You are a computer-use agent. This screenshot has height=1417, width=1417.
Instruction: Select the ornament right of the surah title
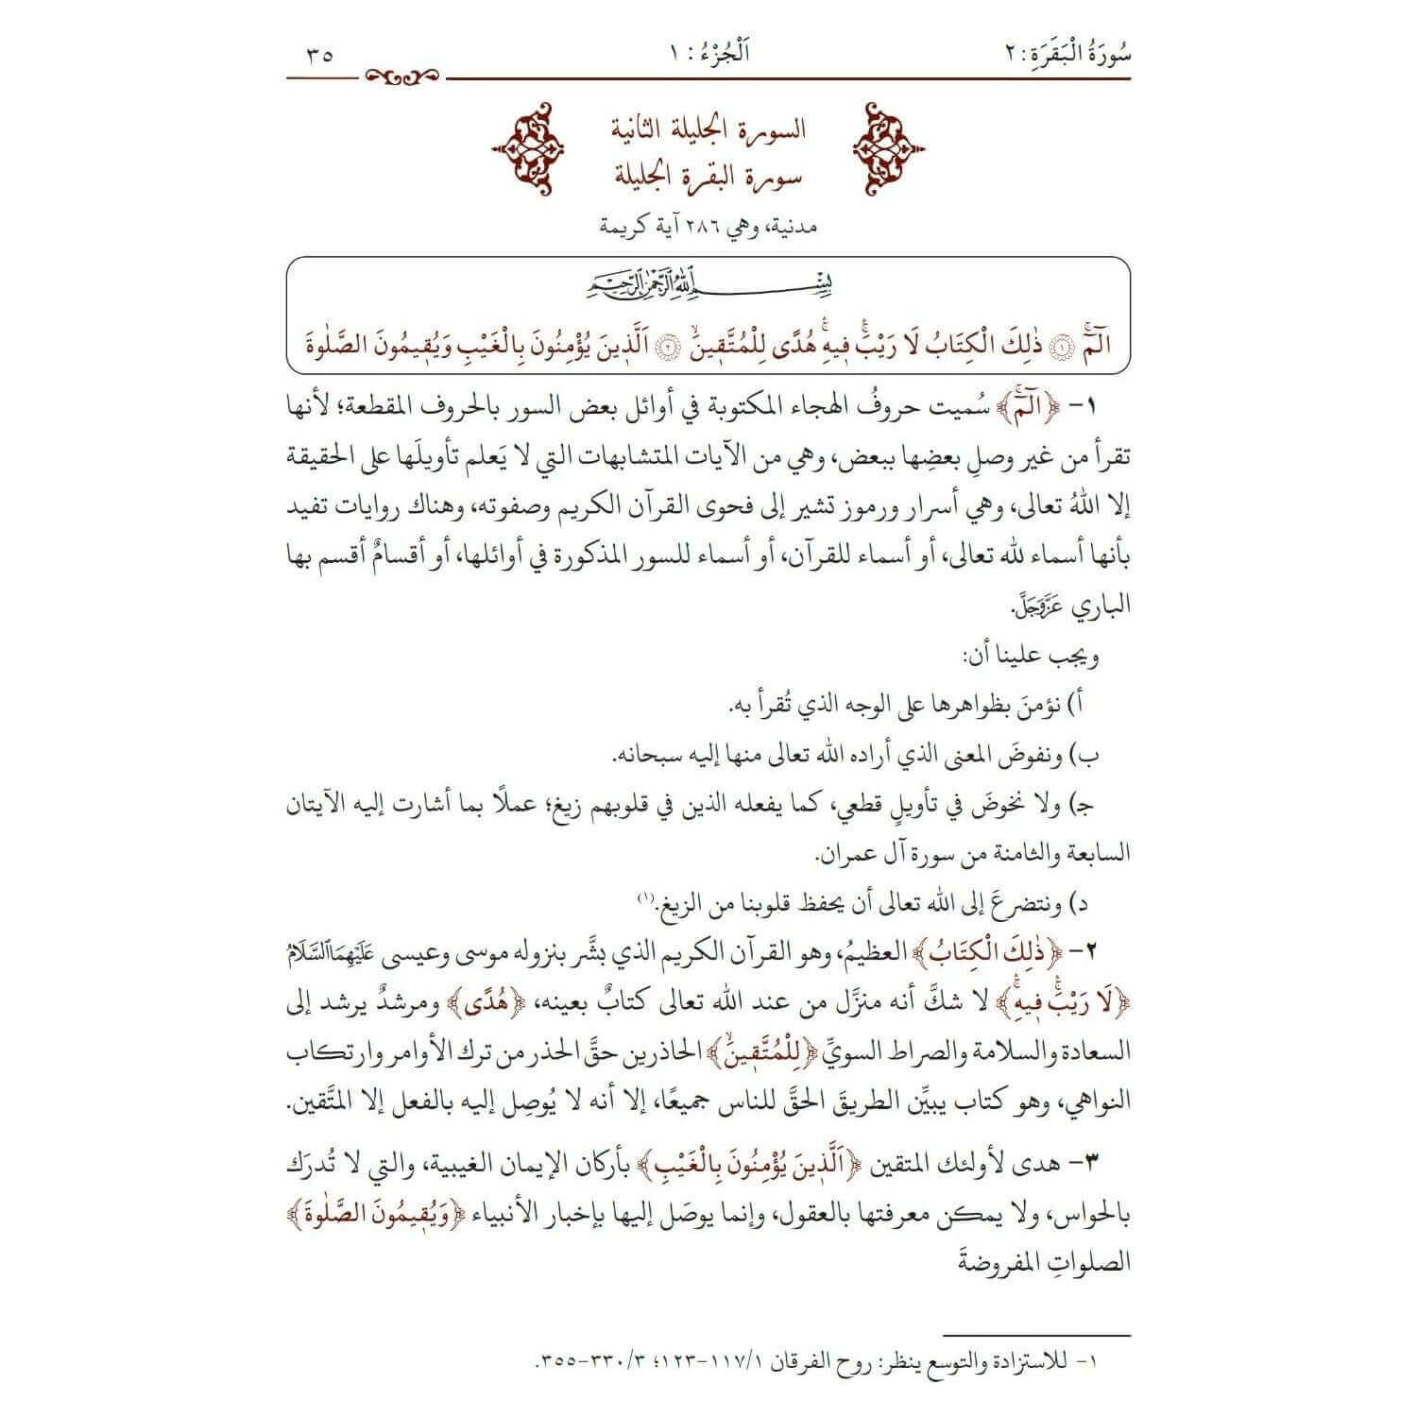[887, 151]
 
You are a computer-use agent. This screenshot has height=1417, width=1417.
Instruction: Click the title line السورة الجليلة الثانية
[708, 129]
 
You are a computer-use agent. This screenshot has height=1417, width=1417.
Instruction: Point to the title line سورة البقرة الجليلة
[708, 176]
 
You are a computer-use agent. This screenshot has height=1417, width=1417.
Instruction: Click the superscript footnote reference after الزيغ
[641, 896]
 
